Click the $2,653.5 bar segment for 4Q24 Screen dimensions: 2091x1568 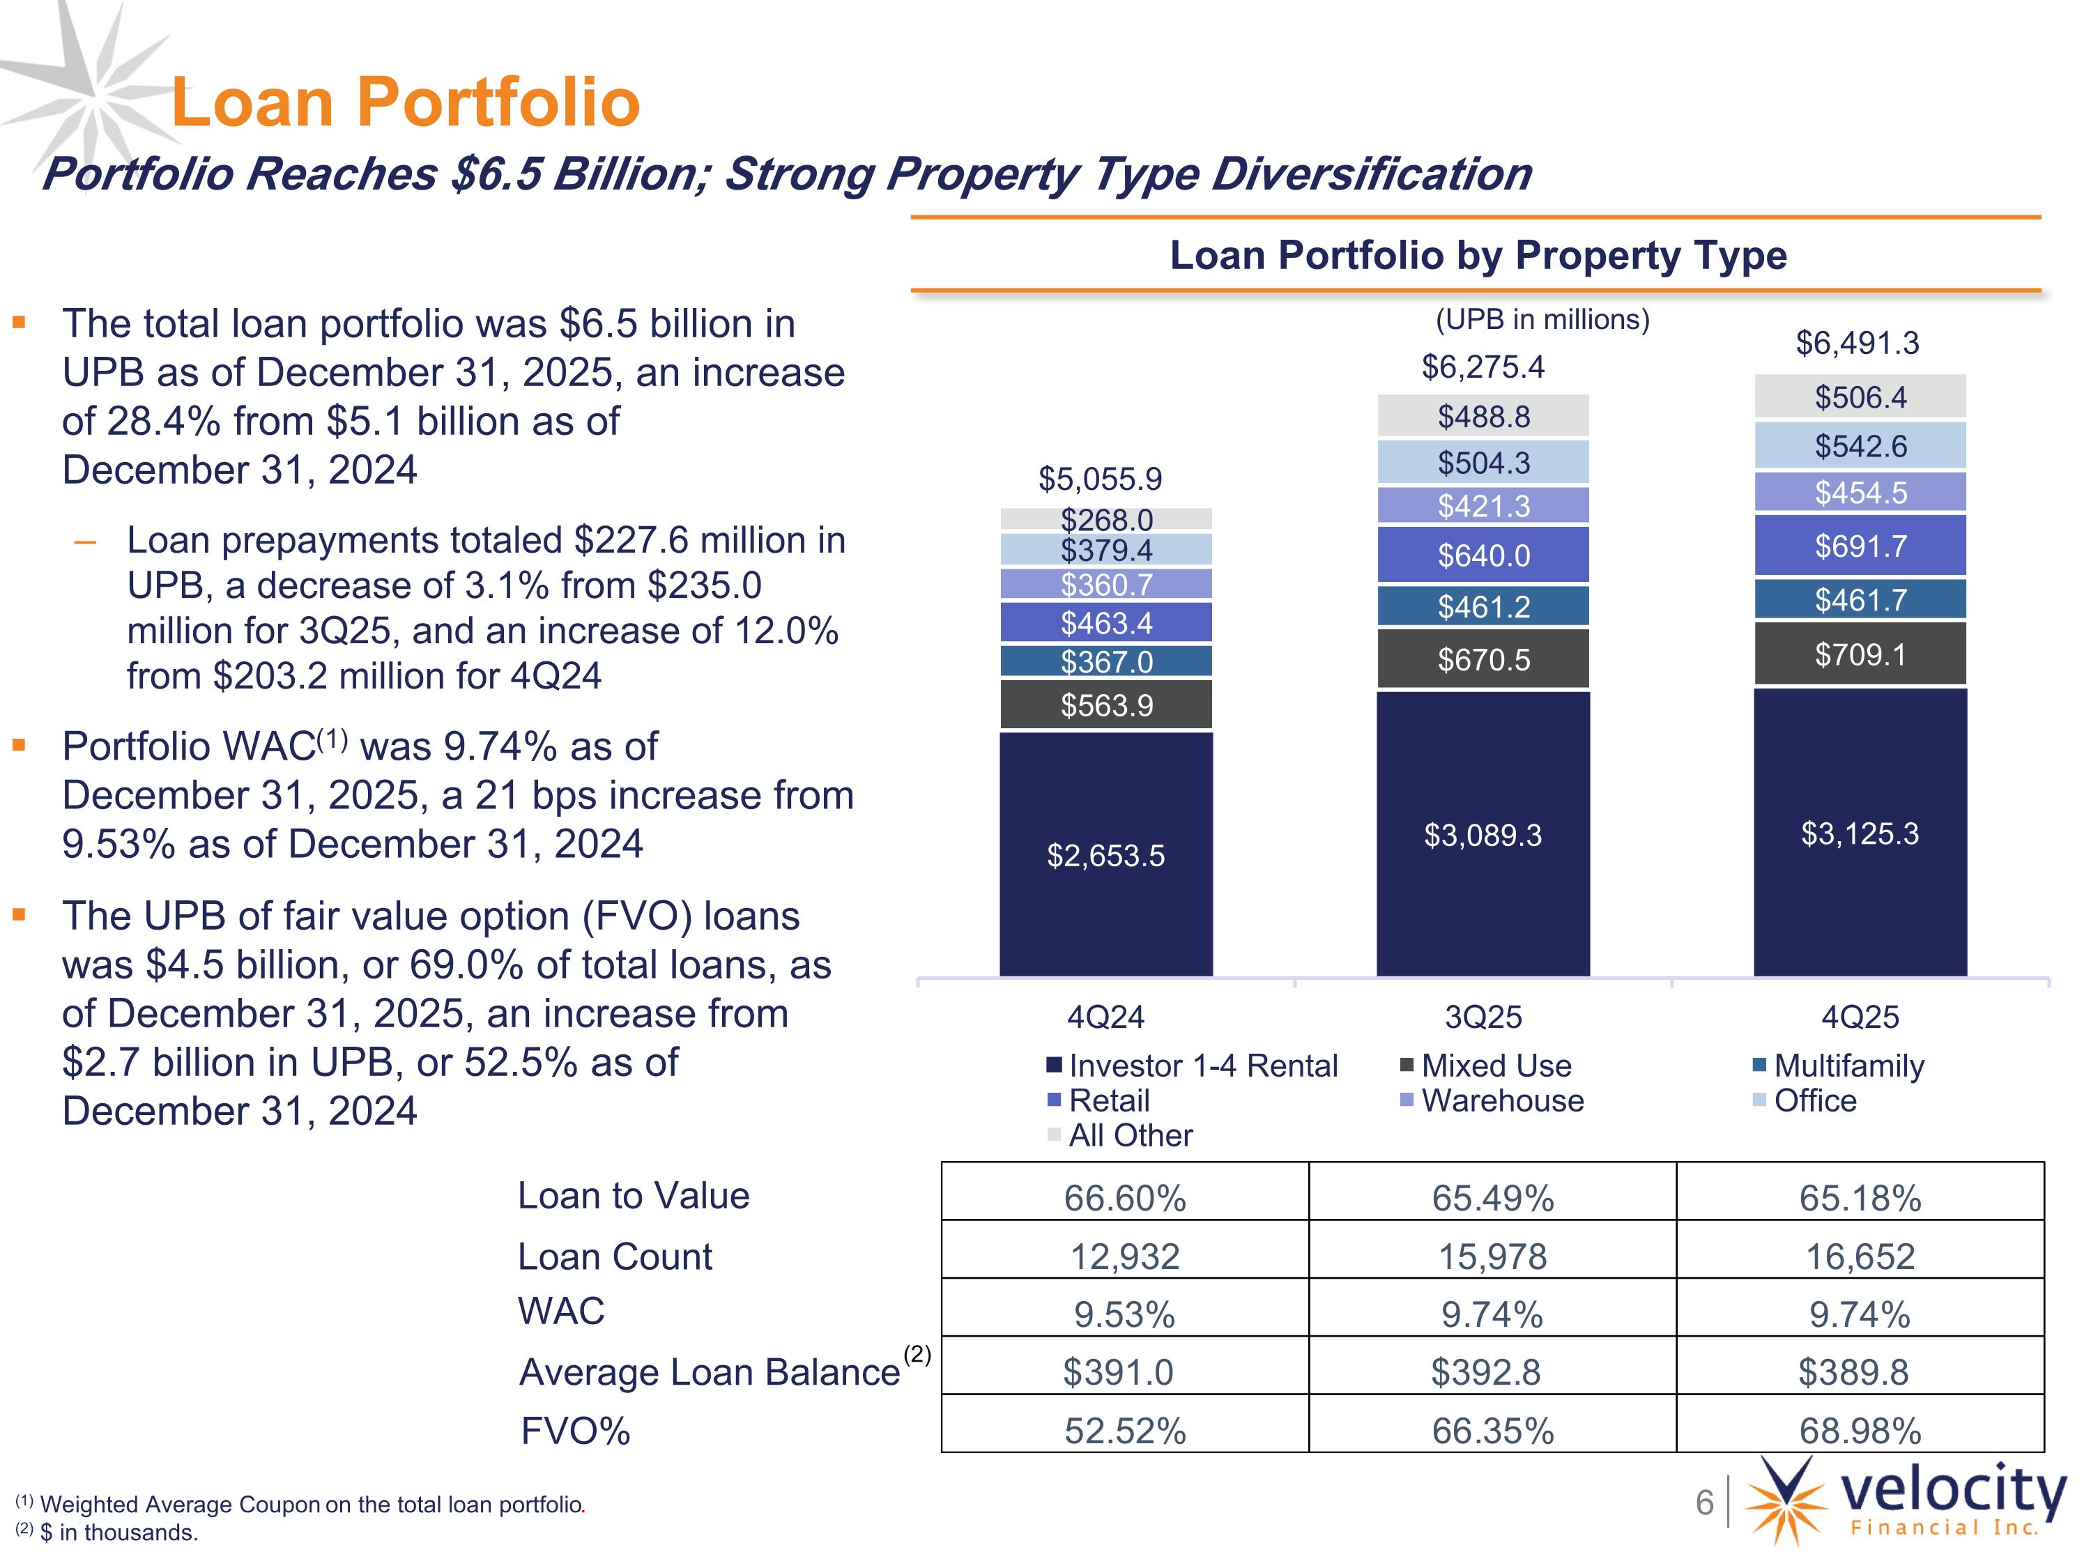pos(1106,854)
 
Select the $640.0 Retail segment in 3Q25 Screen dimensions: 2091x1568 pos(1483,555)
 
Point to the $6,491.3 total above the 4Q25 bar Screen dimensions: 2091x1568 pos(1858,342)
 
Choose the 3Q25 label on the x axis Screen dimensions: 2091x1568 pos(1483,1017)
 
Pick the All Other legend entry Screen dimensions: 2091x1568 pos(1120,1135)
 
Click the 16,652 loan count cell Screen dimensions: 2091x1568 pos(1860,1256)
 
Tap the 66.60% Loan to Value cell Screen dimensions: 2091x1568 pos(1125,1197)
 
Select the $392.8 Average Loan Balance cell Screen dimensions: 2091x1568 pos(1486,1371)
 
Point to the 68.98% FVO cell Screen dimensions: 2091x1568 pos(1860,1430)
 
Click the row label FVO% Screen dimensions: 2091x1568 pos(576,1431)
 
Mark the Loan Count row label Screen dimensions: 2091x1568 pos(615,1256)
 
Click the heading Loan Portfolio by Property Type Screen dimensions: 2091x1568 pos(1478,255)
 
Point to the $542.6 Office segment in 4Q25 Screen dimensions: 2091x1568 pos(1860,445)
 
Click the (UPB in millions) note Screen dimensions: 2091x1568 pos(1542,319)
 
